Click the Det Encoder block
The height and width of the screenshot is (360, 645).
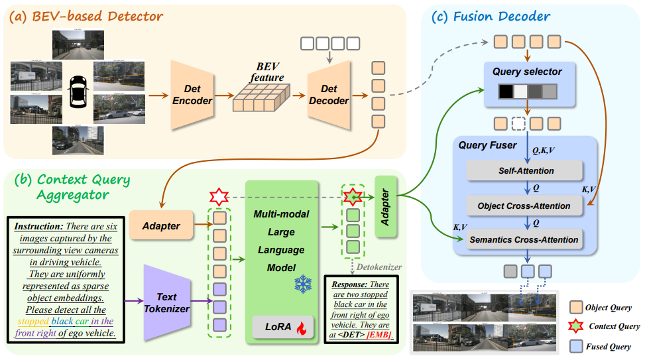192,95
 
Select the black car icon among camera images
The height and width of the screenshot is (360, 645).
78,90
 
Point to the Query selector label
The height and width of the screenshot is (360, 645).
527,72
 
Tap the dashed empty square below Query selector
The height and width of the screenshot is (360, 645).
518,123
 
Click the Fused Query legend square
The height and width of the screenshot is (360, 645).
576,345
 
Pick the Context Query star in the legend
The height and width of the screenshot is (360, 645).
576,326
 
